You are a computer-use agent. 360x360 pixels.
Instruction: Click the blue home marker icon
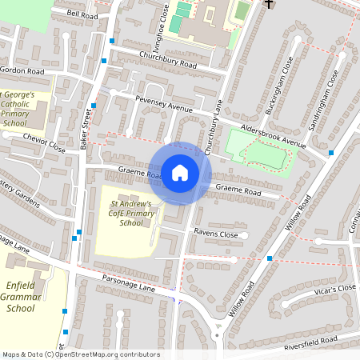[x=180, y=172]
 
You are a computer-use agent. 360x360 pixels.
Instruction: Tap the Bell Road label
[x=82, y=15]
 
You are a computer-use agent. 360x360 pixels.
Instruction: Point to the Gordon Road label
[x=22, y=71]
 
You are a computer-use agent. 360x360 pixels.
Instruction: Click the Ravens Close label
[x=216, y=234]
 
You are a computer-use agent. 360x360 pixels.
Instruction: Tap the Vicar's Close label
[x=334, y=290]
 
